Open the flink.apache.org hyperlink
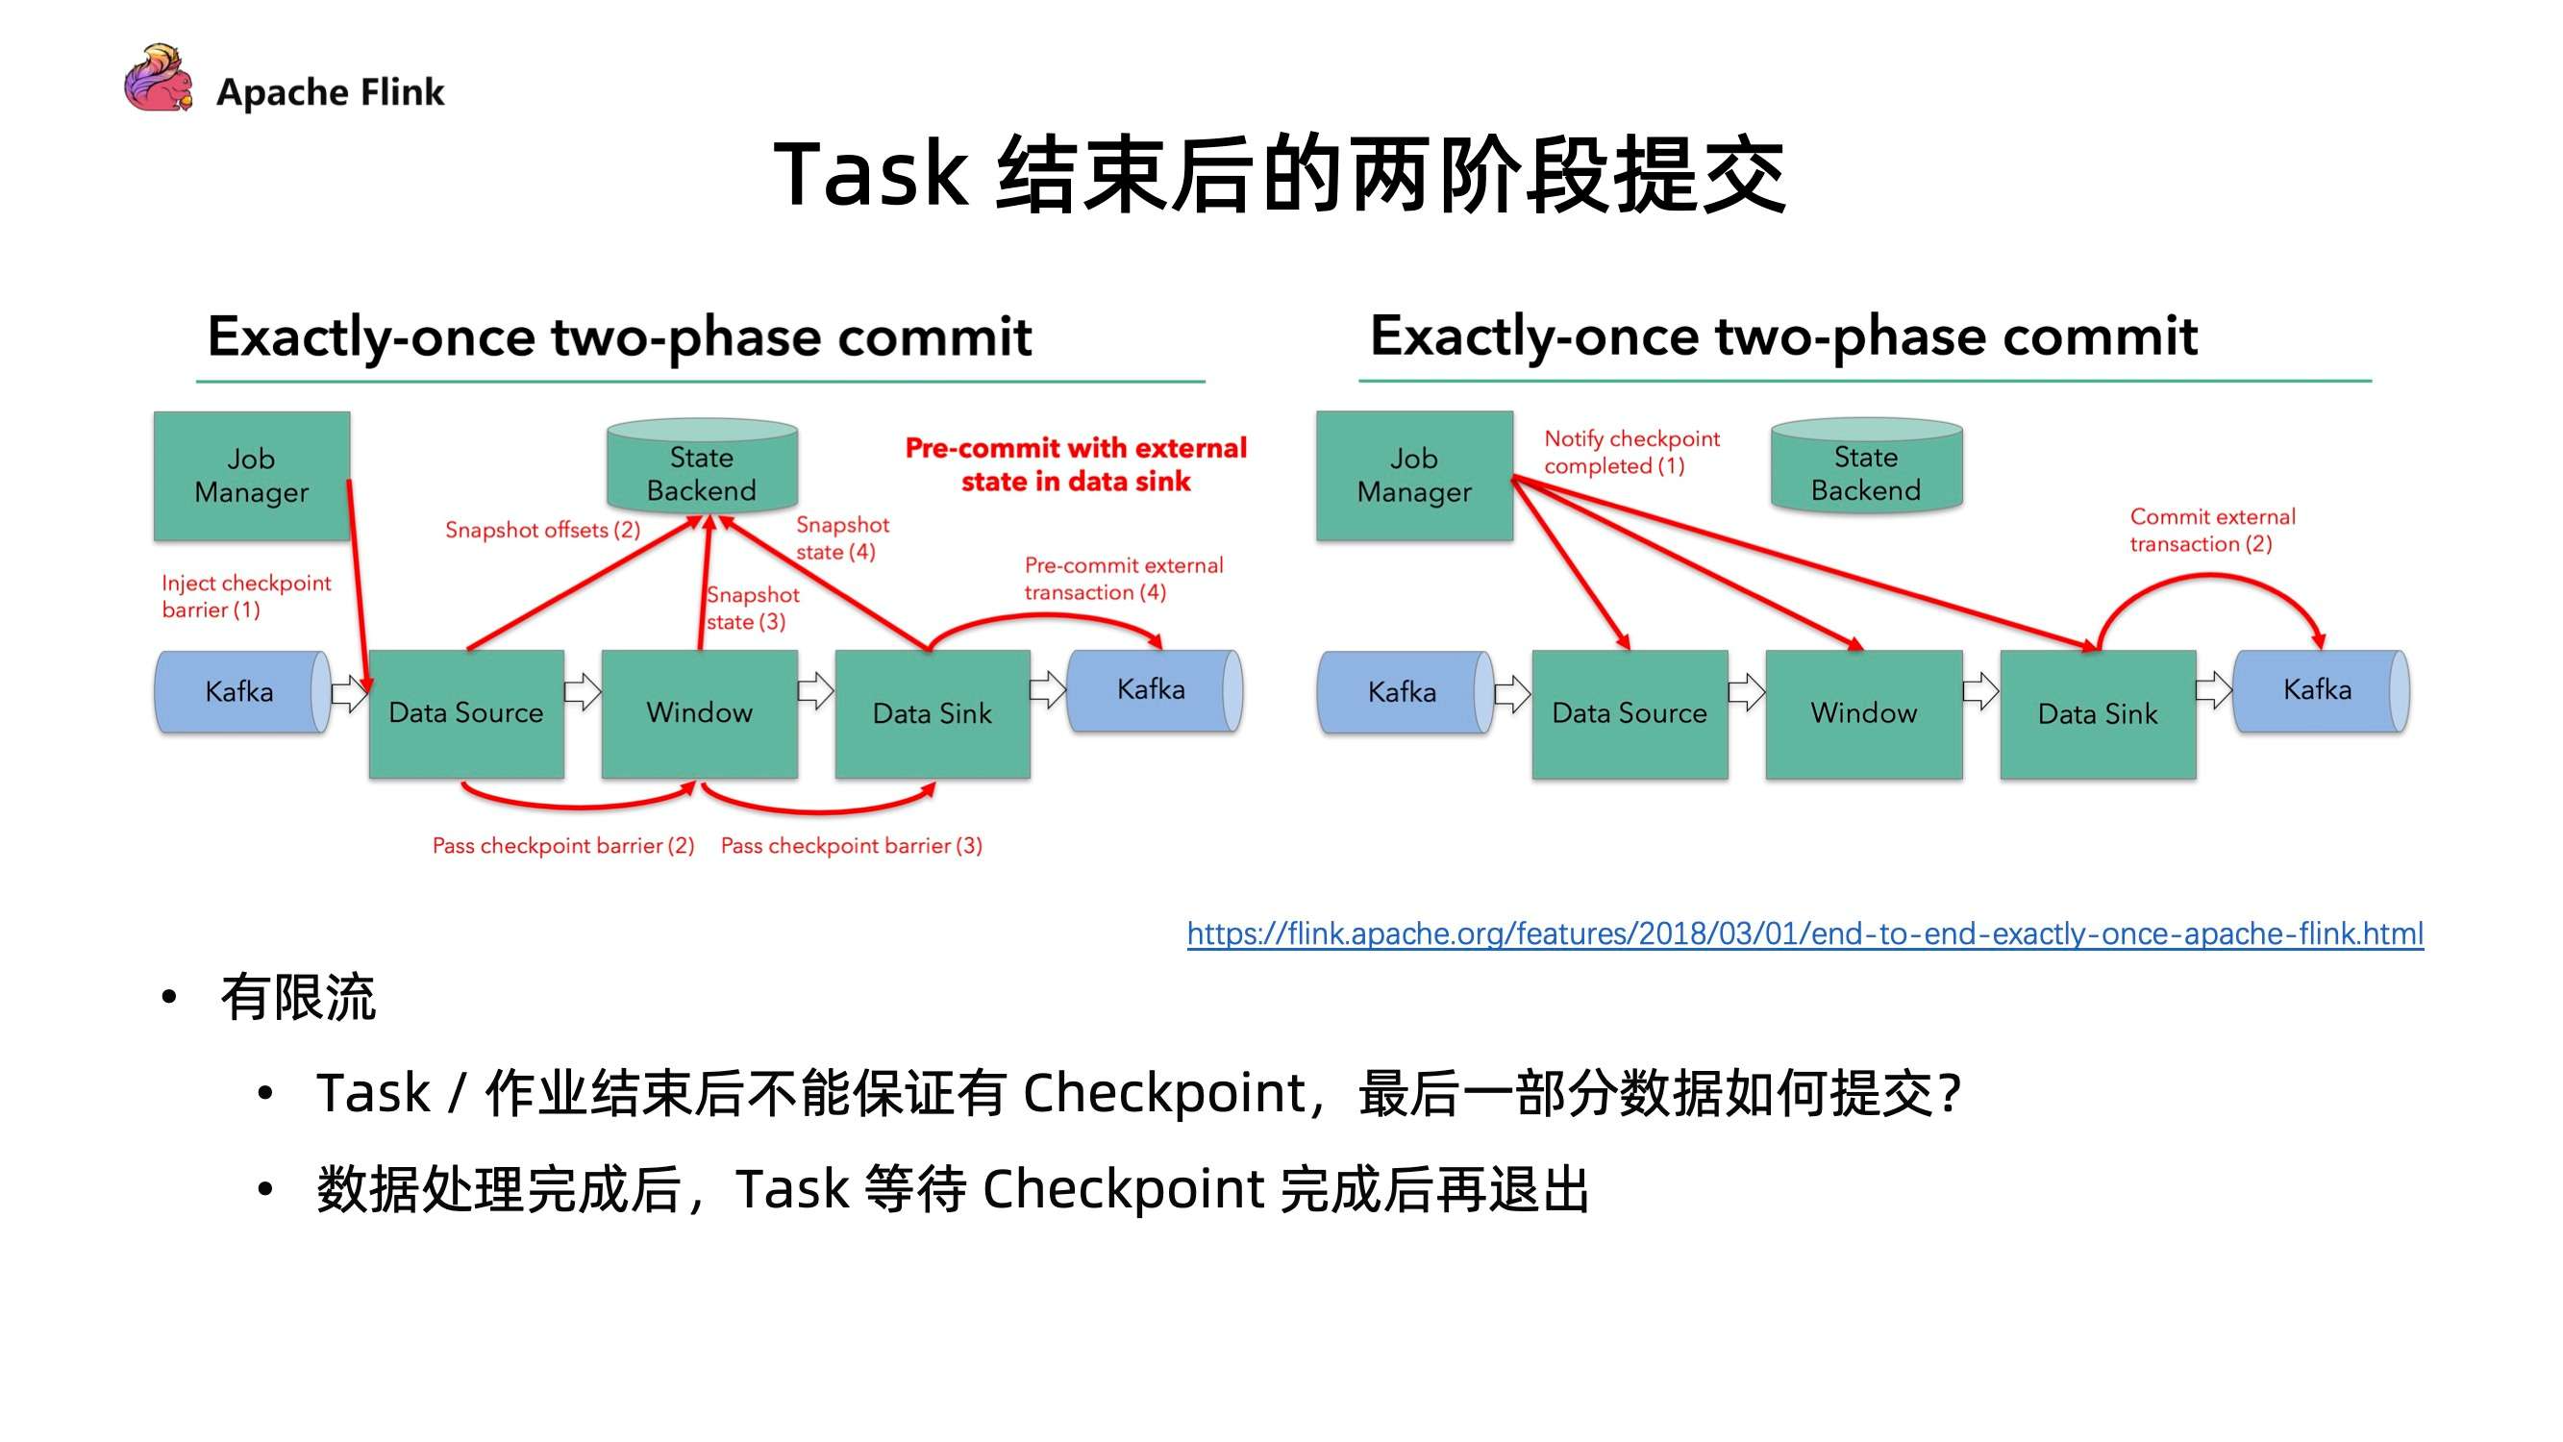1804,933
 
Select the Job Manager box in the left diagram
252,476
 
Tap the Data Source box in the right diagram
1629,713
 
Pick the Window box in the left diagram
700,713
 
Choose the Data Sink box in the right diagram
2098,713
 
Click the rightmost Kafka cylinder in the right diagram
2319,691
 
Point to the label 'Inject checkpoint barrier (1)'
246,596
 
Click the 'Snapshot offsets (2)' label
542,530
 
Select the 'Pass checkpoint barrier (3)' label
851,846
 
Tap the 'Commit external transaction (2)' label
2211,531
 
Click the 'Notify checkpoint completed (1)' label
1630,452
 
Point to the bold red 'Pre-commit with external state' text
1075,464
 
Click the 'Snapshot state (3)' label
752,609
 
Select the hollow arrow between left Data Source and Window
583,691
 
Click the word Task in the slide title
871,174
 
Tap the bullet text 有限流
297,997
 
